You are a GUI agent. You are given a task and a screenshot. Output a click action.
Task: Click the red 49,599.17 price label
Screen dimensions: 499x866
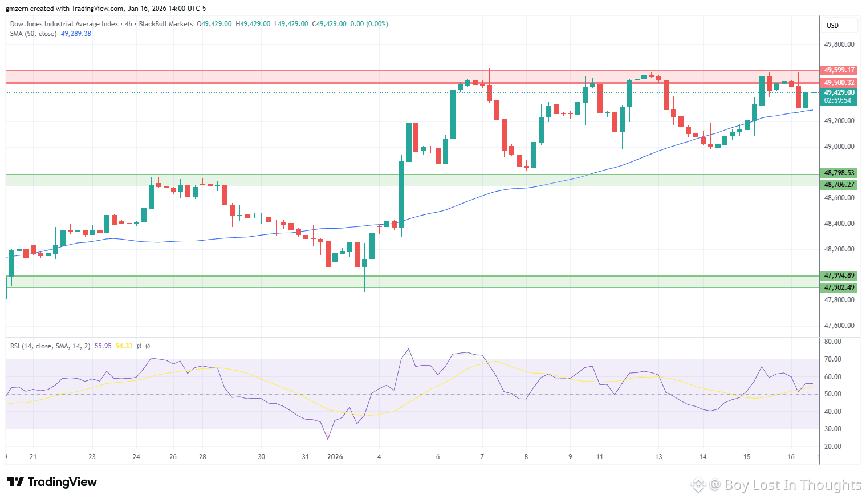(839, 70)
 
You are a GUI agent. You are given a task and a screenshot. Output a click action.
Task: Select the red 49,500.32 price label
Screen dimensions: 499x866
(839, 83)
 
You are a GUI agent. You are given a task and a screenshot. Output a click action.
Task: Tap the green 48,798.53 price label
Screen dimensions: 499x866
(839, 173)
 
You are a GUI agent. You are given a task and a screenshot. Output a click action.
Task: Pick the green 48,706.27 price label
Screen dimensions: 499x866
(839, 185)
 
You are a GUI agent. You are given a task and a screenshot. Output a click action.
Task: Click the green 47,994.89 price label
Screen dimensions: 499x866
(839, 275)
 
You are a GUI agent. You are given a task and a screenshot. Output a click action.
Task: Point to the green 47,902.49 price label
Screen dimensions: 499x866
(839, 287)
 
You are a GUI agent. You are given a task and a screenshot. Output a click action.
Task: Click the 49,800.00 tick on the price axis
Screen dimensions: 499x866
(839, 44)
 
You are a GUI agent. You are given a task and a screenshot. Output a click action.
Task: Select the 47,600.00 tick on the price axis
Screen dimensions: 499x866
(839, 326)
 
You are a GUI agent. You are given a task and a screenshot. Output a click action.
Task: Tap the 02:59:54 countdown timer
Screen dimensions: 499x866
(837, 100)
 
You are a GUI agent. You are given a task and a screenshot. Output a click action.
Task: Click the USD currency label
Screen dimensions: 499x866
(832, 26)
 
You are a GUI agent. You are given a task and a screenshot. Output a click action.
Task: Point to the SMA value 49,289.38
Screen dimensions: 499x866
(76, 34)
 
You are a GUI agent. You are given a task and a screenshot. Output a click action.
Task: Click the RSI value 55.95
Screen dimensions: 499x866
(103, 346)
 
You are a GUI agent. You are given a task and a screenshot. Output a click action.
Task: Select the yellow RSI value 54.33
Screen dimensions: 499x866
(124, 346)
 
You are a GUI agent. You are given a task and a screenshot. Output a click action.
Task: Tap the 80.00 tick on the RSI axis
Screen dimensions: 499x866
(833, 342)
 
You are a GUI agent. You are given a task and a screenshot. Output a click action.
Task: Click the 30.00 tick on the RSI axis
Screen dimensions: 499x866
(833, 429)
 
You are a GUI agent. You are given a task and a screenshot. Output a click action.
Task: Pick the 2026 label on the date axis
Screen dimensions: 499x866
(335, 457)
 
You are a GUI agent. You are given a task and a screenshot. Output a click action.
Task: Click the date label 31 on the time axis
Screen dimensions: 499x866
(305, 457)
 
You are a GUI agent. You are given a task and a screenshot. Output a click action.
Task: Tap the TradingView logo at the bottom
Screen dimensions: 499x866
(52, 482)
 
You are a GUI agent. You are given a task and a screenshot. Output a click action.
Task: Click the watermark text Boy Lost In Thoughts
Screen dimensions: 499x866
(792, 485)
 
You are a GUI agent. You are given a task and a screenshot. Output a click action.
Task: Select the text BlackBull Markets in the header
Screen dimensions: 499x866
(166, 24)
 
